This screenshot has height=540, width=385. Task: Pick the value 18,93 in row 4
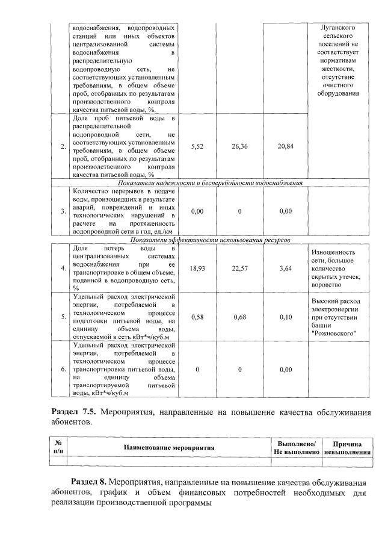click(x=197, y=269)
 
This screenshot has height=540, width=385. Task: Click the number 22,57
click(x=240, y=269)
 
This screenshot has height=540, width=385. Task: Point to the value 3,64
click(x=286, y=269)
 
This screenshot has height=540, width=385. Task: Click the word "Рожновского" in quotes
click(x=334, y=333)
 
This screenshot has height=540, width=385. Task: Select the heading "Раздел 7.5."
click(x=75, y=412)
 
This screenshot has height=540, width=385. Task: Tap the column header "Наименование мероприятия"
click(x=169, y=447)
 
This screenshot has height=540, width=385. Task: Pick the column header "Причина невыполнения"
click(x=346, y=447)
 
